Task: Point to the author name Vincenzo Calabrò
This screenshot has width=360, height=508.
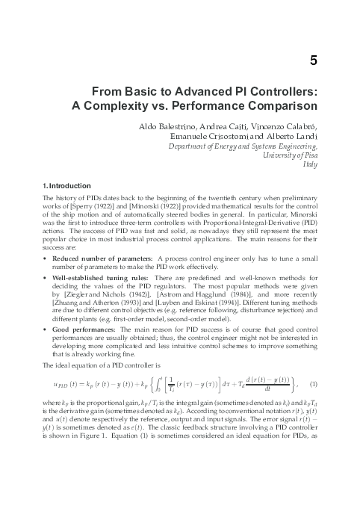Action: (x=286, y=128)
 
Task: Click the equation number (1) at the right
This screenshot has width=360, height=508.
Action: (x=314, y=385)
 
